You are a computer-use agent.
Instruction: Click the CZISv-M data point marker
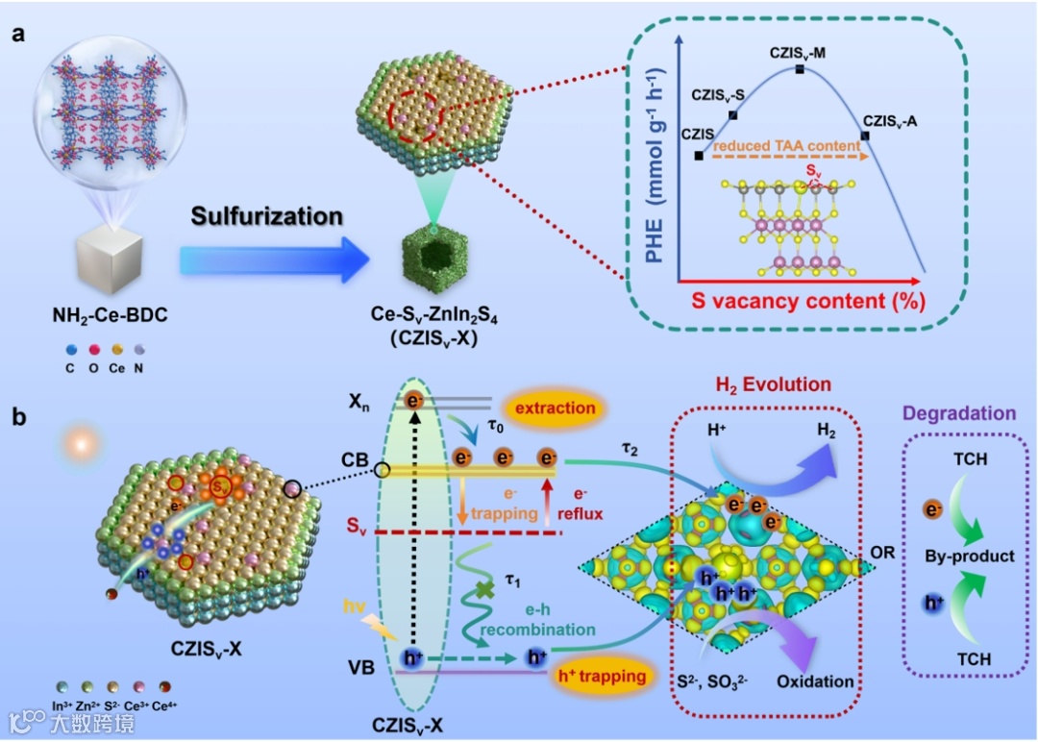tap(800, 69)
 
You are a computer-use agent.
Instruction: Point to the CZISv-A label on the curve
tap(889, 121)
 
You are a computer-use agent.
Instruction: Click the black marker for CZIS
tap(698, 155)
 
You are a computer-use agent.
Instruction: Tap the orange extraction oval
tap(555, 408)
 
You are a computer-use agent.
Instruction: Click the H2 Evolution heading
tap(773, 385)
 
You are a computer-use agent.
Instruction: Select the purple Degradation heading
tap(964, 413)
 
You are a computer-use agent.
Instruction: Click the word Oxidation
tap(816, 681)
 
